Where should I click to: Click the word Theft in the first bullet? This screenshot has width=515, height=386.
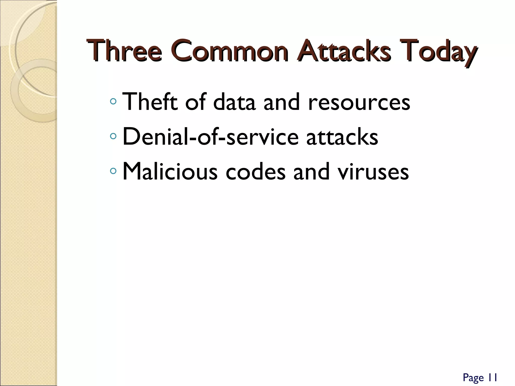click(x=150, y=102)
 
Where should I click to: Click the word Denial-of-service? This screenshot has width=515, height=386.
click(x=211, y=137)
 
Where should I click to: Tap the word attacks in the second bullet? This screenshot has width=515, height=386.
click(x=342, y=137)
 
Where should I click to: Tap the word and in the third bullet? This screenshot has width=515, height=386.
click(x=312, y=172)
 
